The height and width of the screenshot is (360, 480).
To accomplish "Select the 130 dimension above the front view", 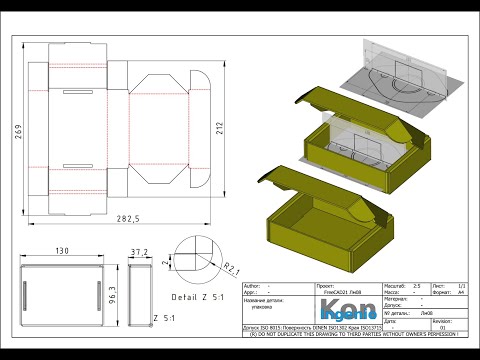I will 63,252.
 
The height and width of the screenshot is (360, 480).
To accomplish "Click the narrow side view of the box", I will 139,293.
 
